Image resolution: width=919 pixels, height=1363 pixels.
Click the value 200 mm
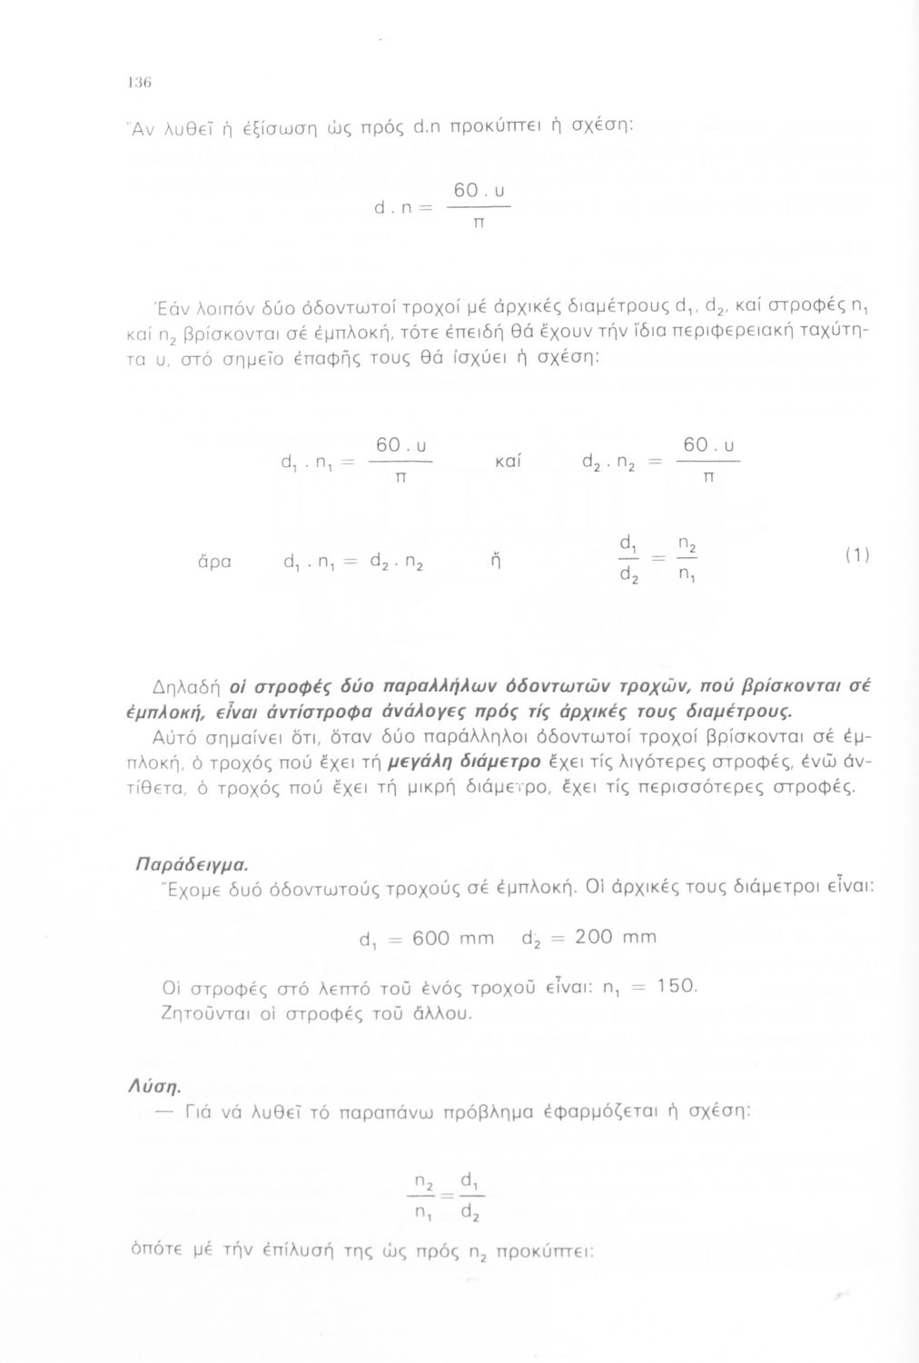coord(615,937)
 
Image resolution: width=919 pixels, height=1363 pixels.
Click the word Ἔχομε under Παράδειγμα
coord(163,887)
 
